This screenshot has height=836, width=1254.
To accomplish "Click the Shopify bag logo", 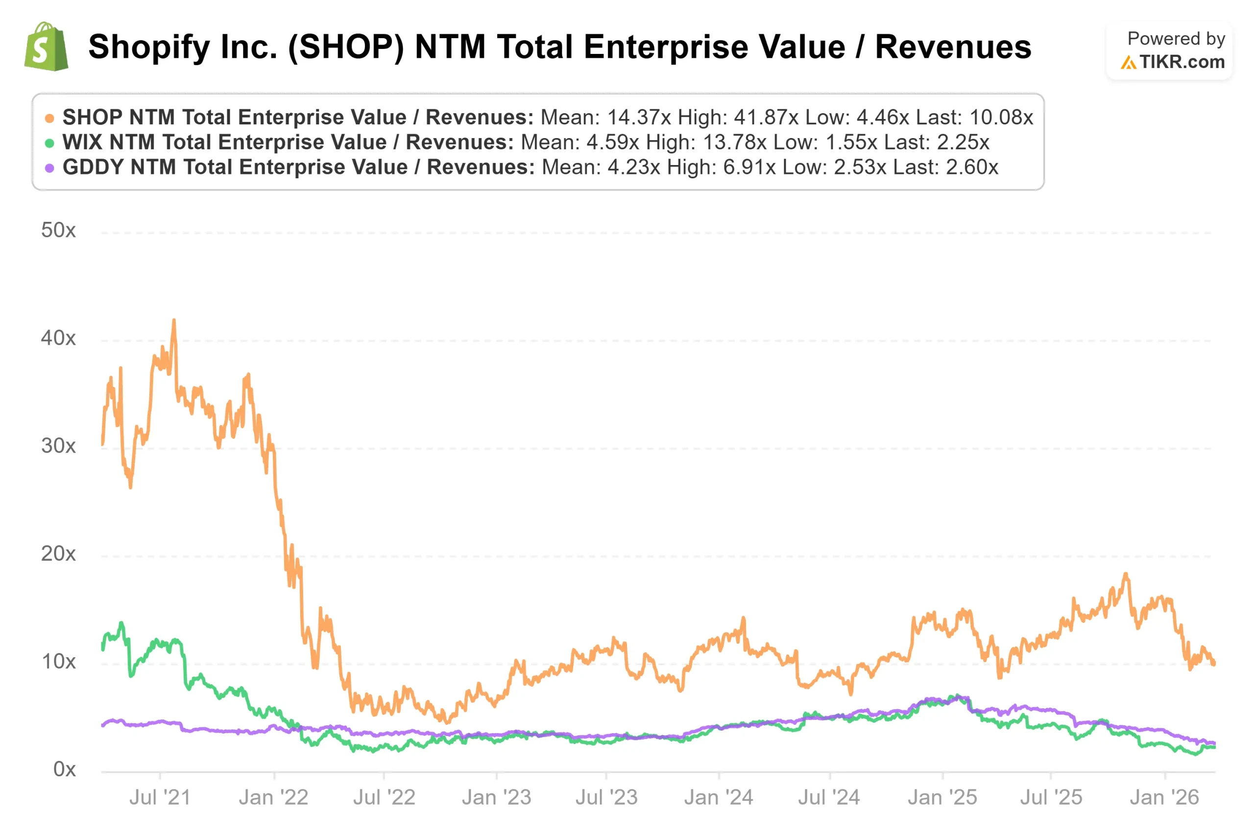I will (47, 47).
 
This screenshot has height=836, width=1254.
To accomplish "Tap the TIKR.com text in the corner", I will (1182, 62).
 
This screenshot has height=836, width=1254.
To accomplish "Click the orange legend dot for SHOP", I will (49, 119).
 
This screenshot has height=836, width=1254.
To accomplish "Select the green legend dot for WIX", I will (49, 143).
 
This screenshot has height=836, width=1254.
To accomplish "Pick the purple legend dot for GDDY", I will (49, 168).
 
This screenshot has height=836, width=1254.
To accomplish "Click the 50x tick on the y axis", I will (58, 230).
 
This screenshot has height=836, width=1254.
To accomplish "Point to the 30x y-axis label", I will (58, 446).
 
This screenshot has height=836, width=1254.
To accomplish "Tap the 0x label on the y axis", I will (64, 769).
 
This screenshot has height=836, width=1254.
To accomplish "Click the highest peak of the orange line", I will (174, 320).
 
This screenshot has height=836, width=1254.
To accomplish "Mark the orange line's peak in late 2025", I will (1126, 574).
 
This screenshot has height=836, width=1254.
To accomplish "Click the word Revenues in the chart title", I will (953, 47).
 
